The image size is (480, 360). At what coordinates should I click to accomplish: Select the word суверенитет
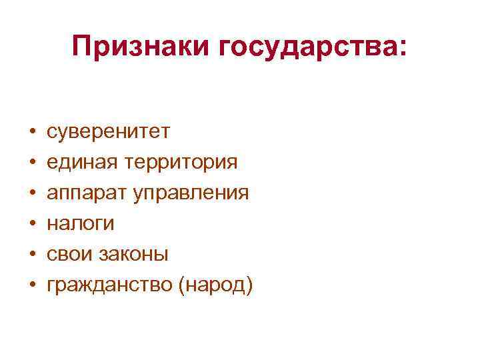point(107,132)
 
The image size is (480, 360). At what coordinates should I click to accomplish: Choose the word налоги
point(80,225)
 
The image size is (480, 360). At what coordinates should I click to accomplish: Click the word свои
point(67,255)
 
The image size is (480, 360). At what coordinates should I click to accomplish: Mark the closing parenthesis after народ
point(250,286)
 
